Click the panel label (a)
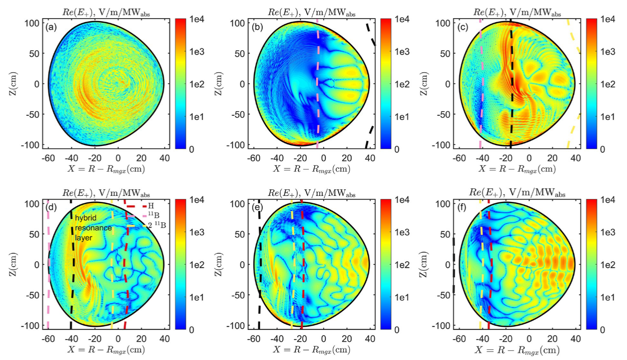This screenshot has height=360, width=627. coord(51,27)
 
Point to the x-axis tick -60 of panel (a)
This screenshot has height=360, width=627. coord(48,157)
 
